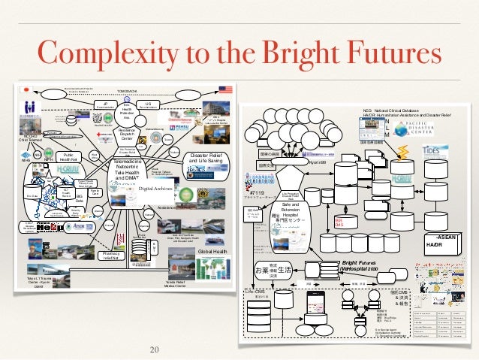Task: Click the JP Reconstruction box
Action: tap(106, 106)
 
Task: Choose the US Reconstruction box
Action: tap(148, 106)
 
